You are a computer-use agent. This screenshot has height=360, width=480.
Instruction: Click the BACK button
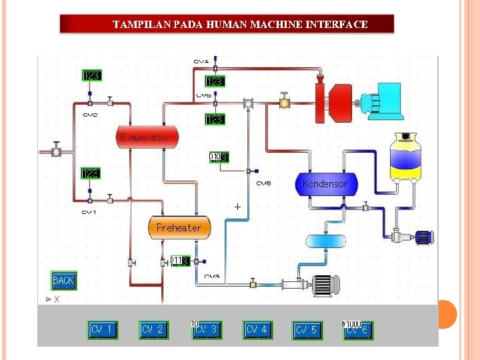63,281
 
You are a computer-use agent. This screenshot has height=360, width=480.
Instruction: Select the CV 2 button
153,329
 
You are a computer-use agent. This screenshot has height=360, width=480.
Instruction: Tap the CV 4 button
257,329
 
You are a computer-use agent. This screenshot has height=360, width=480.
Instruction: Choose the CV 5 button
307,330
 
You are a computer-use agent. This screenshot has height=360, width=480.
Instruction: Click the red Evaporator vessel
147,137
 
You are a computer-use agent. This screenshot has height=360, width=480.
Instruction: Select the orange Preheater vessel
179,227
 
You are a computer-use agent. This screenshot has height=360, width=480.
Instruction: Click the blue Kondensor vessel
325,183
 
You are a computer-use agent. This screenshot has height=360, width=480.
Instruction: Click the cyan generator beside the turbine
383,101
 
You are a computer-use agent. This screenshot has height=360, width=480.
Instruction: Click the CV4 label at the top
201,61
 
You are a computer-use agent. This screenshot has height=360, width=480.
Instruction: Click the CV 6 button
357,330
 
